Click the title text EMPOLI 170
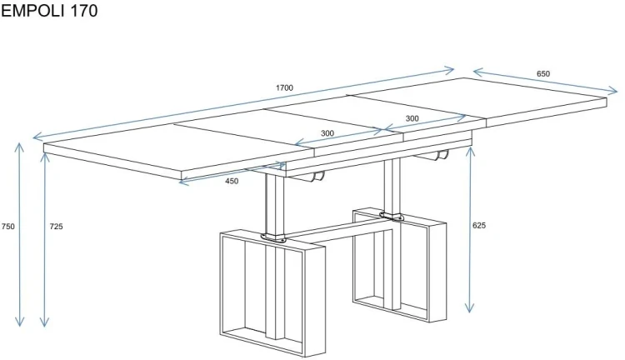49,10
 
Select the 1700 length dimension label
284,87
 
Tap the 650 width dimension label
542,74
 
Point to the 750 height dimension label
8,227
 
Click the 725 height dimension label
56,227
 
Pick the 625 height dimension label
478,226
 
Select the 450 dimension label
232,181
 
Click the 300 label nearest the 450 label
327,133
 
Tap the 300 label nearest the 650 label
412,118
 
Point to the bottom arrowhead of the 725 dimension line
44,323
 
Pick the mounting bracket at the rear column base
391,216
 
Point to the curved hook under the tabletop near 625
442,155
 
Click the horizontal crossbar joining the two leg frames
339,231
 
